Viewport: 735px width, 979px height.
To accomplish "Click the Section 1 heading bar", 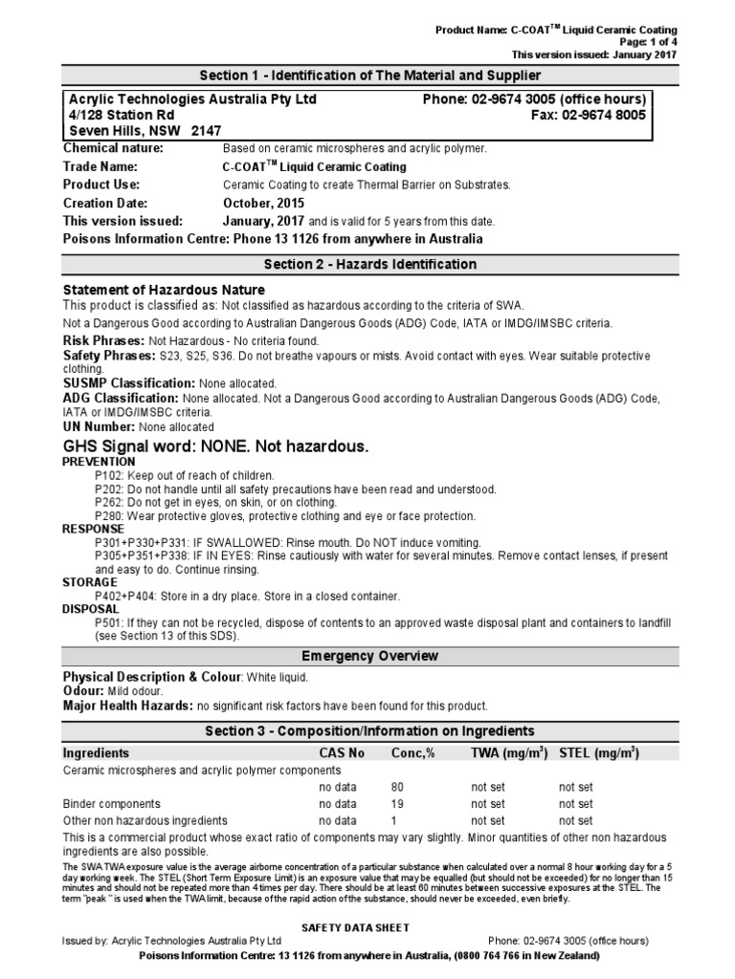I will (x=369, y=76).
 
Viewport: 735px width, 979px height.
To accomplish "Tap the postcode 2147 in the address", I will (x=206, y=131).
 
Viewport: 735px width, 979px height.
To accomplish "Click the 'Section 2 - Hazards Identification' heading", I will (x=369, y=265).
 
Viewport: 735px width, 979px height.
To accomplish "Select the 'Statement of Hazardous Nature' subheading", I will (x=164, y=290).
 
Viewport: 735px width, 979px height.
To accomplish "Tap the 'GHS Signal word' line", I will (x=215, y=446).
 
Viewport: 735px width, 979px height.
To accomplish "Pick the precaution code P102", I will (x=107, y=475).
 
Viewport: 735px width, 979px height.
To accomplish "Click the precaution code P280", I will (x=107, y=516).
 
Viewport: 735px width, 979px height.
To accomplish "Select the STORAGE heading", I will (x=90, y=582).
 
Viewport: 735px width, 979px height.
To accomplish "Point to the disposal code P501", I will (x=107, y=622).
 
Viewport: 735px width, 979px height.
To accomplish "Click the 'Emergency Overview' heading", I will (x=369, y=656).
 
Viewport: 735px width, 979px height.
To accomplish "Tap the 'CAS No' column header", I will (x=342, y=753).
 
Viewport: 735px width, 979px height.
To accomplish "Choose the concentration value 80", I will (x=398, y=787).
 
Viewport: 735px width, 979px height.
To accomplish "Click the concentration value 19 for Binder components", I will (x=398, y=804).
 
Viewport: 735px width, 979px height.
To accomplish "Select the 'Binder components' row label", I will (x=111, y=804).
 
